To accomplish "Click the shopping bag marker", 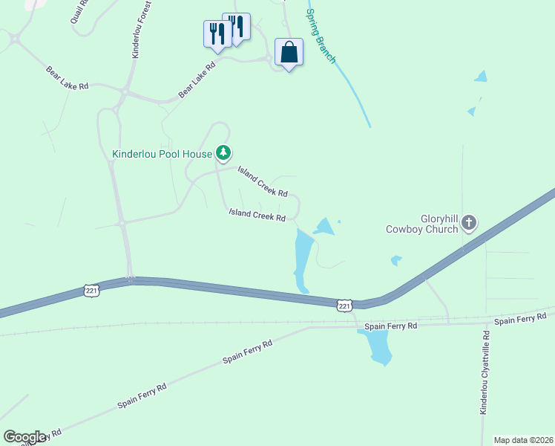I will (289, 53).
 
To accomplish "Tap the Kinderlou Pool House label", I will (162, 155).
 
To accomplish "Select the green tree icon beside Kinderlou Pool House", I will (223, 153).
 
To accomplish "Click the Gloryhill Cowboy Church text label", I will (421, 223).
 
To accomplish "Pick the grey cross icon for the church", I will (468, 222).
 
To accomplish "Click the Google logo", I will (24, 437).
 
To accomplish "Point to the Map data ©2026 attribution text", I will (523, 440).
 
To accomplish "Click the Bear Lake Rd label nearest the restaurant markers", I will (197, 80).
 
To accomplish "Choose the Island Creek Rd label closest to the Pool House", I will (263, 182).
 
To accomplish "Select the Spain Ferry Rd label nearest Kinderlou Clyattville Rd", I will (520, 320).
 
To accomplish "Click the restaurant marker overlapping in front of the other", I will (217, 35).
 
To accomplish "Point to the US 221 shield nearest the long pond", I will (344, 306).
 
